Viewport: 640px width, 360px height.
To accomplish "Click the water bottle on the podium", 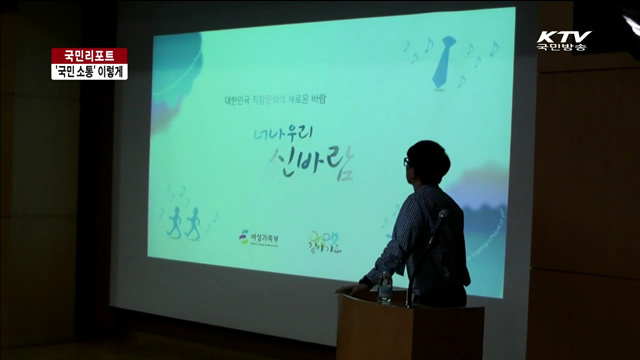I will click(x=385, y=287).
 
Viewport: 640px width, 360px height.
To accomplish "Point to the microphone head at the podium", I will click(x=439, y=216).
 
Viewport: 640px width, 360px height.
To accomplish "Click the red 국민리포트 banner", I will click(x=89, y=55).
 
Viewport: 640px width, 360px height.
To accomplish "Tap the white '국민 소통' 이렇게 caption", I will click(x=89, y=71).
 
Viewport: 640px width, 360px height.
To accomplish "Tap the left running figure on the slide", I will click(x=174, y=221).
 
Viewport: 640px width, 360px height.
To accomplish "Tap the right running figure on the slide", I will click(x=193, y=221).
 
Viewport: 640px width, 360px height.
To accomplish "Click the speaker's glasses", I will click(x=407, y=162).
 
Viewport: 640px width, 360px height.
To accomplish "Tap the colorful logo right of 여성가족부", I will click(x=326, y=241).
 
